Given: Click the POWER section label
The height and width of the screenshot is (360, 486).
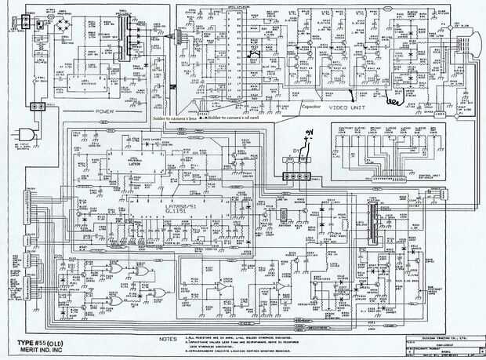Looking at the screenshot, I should tap(106, 111).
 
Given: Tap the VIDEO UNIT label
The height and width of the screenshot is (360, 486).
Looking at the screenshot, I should tap(347, 107).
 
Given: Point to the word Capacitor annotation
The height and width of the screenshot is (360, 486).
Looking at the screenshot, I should tap(314, 106).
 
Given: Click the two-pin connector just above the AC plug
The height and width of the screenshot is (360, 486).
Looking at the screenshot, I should tap(34, 105).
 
